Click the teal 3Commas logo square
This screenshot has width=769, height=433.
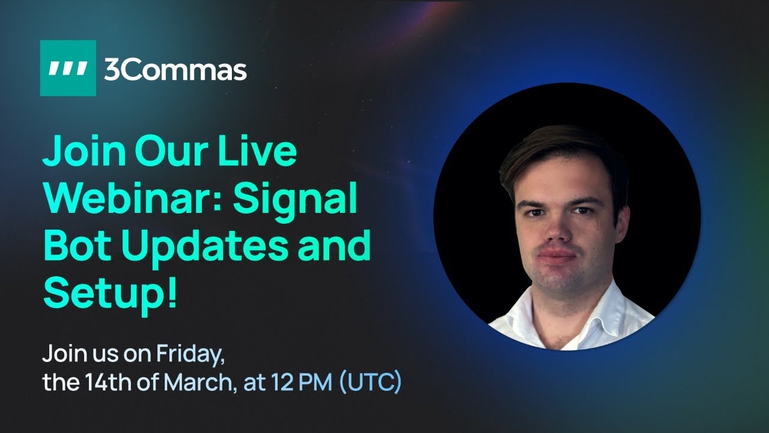[x=68, y=68]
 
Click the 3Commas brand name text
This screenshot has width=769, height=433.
[x=175, y=70]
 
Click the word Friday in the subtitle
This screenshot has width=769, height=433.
[x=190, y=354]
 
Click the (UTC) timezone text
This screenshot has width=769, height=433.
[x=370, y=382]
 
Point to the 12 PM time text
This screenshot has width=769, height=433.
[x=301, y=382]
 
